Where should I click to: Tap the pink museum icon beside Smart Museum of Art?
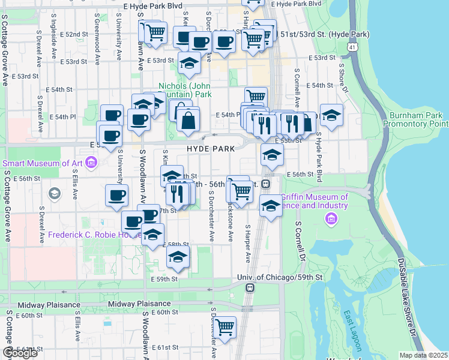coord(91,162)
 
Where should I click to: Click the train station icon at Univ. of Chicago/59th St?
coord(249,287)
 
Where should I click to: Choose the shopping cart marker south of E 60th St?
coord(225,328)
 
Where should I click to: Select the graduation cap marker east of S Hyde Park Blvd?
coord(331,115)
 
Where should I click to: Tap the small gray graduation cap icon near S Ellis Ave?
coord(55,193)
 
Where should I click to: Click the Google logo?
coord(20,353)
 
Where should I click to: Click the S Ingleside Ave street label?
coord(54,42)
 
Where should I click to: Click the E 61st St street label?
coord(165,347)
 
